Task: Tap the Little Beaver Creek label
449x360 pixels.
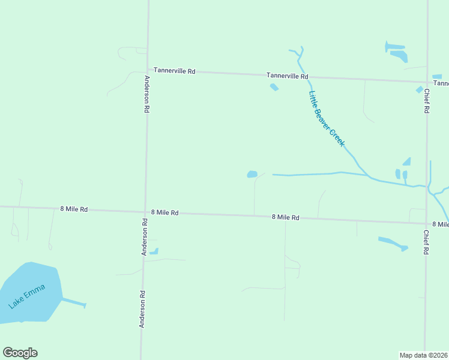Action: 326,118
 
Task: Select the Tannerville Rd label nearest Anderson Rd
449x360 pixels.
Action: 174,71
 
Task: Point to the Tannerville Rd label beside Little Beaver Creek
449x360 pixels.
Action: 288,76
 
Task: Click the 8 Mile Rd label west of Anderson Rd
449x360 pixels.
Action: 74,209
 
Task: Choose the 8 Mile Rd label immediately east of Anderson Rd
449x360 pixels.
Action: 165,212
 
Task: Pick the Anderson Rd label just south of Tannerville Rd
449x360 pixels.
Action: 146,94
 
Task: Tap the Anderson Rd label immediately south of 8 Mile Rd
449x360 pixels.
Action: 144,237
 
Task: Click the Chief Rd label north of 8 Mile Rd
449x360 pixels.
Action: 426,101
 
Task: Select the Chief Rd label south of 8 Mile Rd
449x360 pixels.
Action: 426,242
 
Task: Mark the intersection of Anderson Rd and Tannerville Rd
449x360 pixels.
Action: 148,70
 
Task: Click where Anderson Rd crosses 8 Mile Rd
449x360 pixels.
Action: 145,211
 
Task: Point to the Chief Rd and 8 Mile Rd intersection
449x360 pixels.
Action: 426,223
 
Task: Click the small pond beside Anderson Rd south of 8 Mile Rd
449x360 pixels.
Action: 154,251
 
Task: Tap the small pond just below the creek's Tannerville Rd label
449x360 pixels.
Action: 274,87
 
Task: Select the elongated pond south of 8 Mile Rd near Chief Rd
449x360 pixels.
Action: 393,243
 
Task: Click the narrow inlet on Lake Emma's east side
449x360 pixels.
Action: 73,302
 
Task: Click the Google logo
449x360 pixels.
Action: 20,353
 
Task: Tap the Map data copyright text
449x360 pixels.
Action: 423,355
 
